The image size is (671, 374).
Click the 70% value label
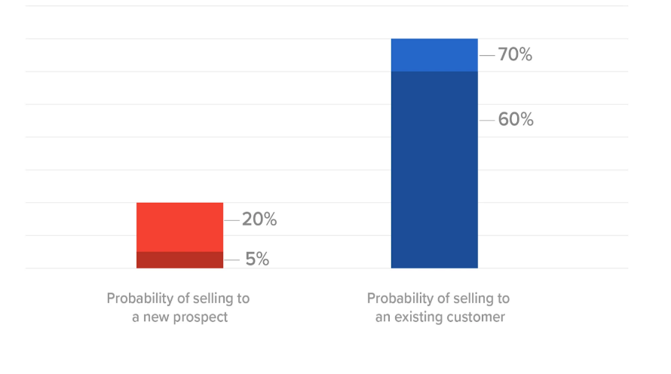[x=515, y=55]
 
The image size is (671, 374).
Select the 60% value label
[x=516, y=120]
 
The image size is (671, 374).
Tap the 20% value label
[x=259, y=219]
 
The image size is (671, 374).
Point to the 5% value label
[x=257, y=259]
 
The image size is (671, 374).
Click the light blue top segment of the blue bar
[x=434, y=55]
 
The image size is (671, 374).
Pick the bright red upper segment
[x=179, y=227]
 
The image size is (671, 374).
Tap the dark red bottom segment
[x=179, y=260]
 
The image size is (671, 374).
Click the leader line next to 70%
[x=486, y=55]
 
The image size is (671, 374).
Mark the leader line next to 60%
[x=486, y=120]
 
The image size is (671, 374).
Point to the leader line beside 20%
[x=231, y=219]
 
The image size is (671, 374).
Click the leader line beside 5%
[x=231, y=259]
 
